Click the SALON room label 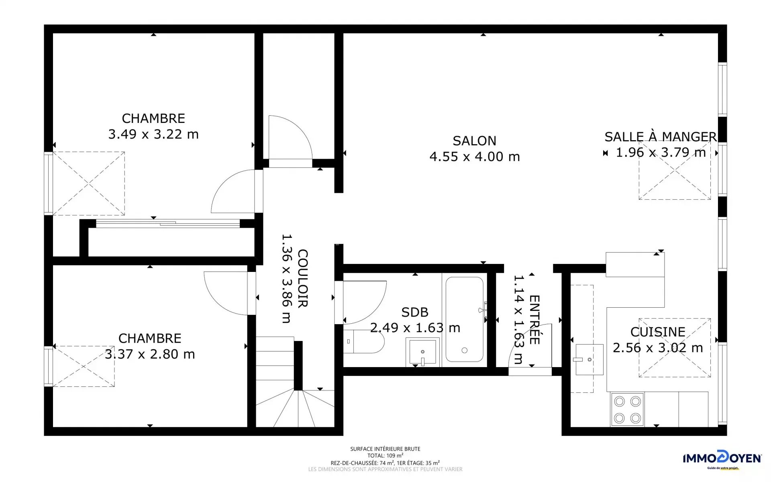474,141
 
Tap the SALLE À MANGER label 661,137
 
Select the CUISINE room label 658,332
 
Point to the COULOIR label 302,278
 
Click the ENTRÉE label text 534,320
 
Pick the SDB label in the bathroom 415,312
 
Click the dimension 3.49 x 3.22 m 153,134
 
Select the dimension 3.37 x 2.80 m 150,354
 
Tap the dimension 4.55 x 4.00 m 475,157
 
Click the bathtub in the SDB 465,320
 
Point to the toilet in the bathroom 363,341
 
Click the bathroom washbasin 422,352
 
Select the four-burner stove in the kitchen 627,409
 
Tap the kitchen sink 589,359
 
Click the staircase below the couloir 295,382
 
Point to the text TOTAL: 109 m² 385,455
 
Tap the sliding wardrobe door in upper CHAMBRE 168,223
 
